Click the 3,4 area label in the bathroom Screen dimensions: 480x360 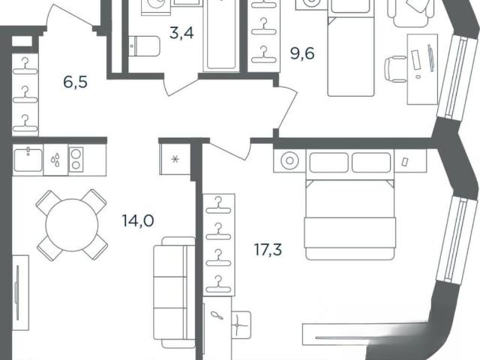click(181, 33)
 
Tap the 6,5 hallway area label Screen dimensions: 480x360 click(75, 82)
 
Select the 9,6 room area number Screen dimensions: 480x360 click(302, 53)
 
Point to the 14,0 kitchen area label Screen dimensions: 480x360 click(138, 220)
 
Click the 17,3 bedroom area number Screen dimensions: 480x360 click(268, 249)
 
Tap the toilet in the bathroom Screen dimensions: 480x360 click(144, 46)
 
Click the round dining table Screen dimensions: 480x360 click(72, 225)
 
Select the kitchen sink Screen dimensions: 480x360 click(28, 160)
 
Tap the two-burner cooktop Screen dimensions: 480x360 click(76, 159)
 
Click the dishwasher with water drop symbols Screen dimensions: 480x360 click(55, 160)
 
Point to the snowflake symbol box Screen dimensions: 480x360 click(175, 159)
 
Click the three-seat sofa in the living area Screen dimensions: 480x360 click(174, 292)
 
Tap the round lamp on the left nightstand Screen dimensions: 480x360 click(289, 160)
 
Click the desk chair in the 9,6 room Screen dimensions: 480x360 click(396, 69)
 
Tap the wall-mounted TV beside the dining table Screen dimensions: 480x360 click(17, 293)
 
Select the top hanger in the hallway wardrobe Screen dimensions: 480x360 click(25, 67)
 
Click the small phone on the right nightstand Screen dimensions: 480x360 click(405, 161)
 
